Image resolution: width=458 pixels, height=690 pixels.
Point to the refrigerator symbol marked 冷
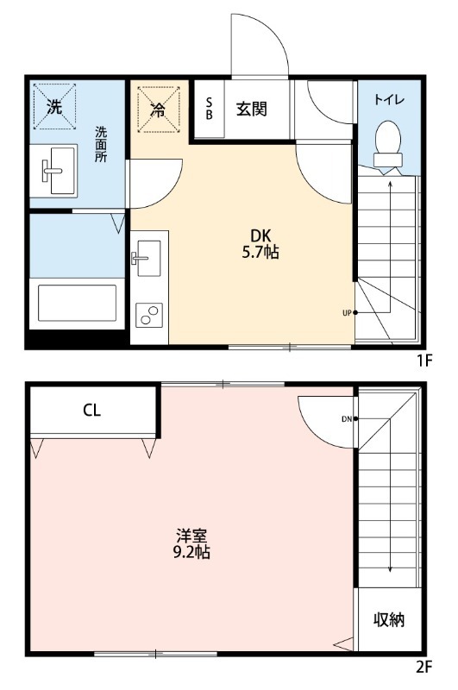[x=158, y=110]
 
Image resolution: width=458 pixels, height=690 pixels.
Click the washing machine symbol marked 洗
[x=54, y=108]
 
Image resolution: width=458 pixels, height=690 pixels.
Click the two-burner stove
[x=149, y=315]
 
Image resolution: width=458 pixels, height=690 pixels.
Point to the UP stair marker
[x=347, y=312]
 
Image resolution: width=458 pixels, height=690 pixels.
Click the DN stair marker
[x=346, y=419]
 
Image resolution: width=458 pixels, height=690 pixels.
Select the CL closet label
[x=92, y=411]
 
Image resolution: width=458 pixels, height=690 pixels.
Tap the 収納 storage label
[x=389, y=620]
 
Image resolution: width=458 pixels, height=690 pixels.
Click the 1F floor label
[x=423, y=361]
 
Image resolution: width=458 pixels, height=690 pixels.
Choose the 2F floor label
[x=423, y=667]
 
